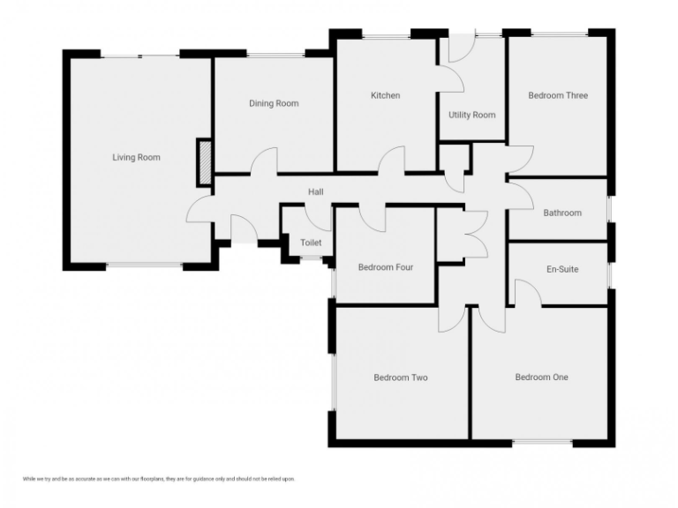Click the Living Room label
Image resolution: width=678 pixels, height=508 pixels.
click(x=136, y=158)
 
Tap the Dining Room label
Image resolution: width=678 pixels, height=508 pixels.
click(x=274, y=103)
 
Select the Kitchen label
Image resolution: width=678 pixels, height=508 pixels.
click(x=385, y=95)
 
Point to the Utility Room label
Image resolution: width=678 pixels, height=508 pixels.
click(x=472, y=115)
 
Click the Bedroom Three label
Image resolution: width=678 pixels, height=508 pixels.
click(x=558, y=95)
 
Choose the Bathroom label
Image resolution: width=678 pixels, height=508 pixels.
click(x=562, y=213)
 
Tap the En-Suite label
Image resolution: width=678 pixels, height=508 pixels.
click(x=562, y=269)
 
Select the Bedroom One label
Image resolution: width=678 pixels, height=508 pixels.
click(x=541, y=377)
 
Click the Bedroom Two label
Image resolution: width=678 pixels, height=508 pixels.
click(x=400, y=377)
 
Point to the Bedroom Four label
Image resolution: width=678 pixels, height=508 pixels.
click(x=385, y=267)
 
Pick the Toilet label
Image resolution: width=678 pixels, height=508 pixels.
click(x=311, y=243)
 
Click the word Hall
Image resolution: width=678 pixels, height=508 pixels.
click(x=316, y=191)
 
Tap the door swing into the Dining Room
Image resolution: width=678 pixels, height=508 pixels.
click(x=264, y=161)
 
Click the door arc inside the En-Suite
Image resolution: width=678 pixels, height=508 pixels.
click(x=528, y=293)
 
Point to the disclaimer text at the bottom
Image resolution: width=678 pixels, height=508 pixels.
click(x=158, y=479)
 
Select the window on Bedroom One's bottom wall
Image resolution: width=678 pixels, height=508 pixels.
click(x=541, y=441)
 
